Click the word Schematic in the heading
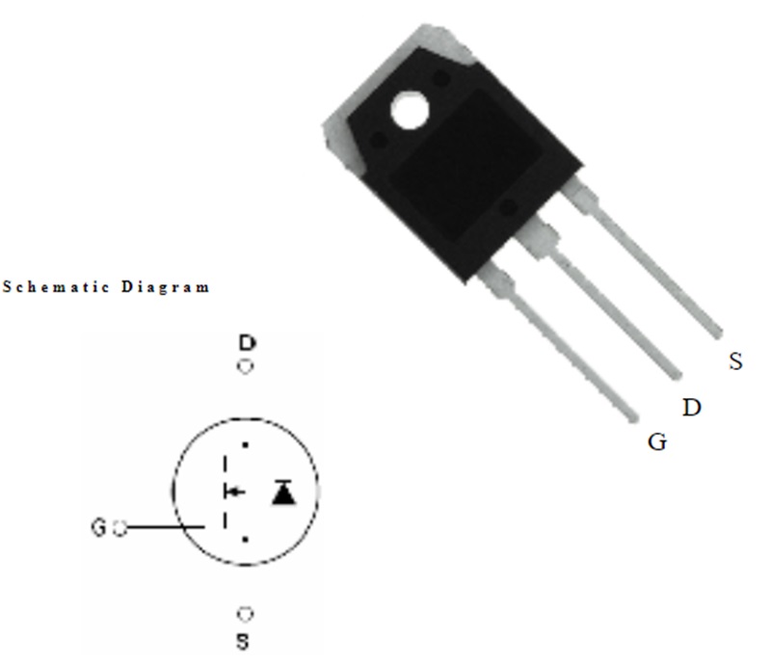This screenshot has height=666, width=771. (x=56, y=287)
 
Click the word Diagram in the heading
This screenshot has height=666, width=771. (x=166, y=287)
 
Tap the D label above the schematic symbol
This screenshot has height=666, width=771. (x=248, y=342)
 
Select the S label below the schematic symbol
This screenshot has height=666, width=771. (x=243, y=641)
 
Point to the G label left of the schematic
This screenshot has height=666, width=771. (x=98, y=527)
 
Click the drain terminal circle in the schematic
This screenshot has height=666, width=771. (x=246, y=366)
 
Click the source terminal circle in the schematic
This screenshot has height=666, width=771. (x=246, y=614)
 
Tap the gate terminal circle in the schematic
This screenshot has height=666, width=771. (x=120, y=528)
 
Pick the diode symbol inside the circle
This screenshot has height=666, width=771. (x=283, y=493)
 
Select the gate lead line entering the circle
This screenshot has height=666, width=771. (x=166, y=527)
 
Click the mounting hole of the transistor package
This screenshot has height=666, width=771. (x=410, y=110)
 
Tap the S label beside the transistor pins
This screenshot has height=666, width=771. (x=735, y=361)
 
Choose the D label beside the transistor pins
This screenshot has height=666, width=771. (x=692, y=408)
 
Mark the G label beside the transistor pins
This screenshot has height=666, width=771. (x=657, y=441)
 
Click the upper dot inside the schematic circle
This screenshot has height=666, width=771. (x=245, y=445)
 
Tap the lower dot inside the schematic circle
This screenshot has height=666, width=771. (x=245, y=540)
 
